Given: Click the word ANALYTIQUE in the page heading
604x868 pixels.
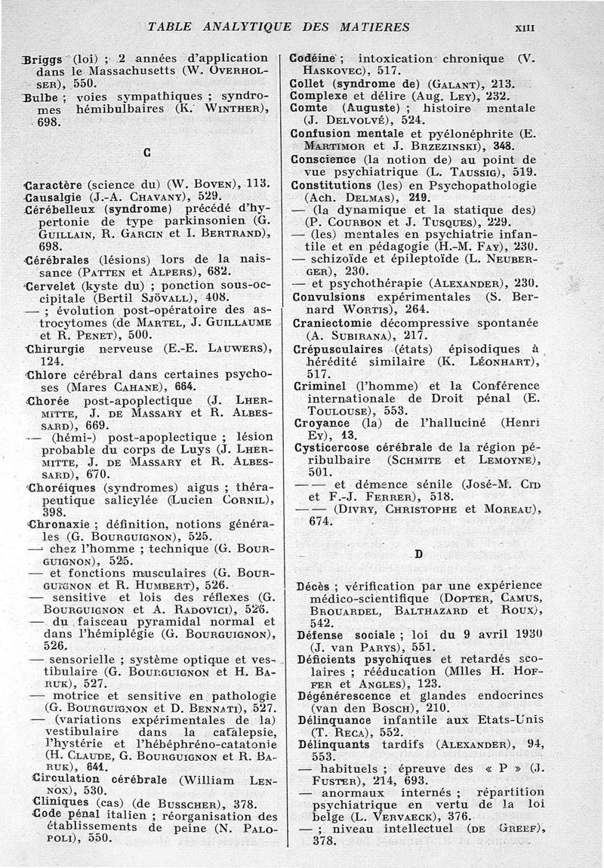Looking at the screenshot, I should tap(242, 27).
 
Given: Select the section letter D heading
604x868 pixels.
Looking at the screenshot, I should tap(419, 555).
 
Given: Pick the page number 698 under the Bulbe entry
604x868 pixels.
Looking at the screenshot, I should tap(48, 123).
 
